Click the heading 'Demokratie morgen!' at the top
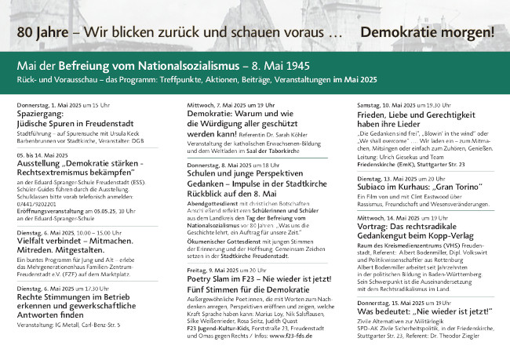(427, 33)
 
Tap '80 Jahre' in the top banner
(36, 33)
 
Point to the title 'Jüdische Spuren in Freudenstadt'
(74, 124)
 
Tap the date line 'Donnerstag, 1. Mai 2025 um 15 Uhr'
(63, 104)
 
